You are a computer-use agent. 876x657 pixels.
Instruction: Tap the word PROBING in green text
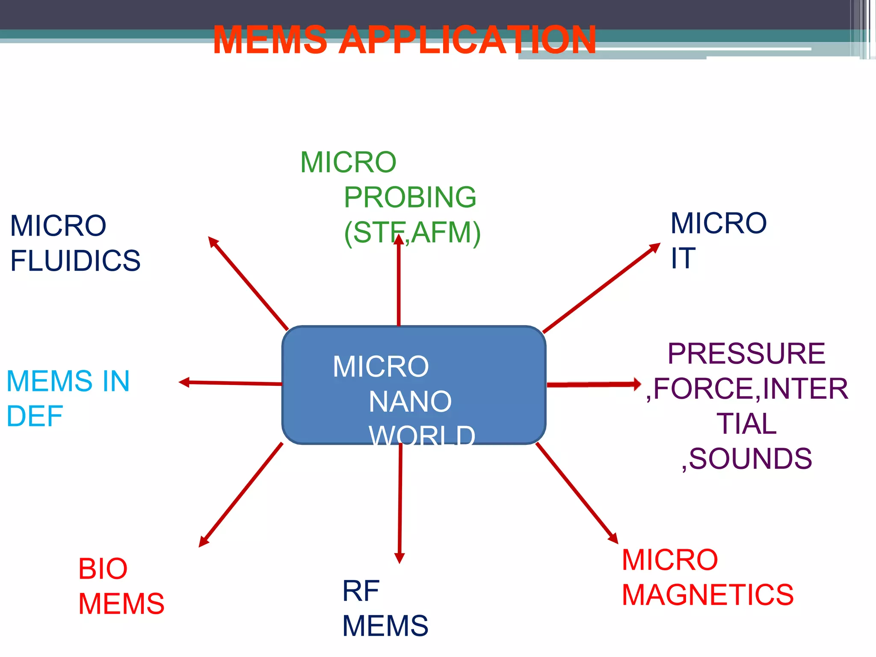click(x=410, y=197)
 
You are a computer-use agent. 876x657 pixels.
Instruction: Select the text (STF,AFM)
click(x=412, y=232)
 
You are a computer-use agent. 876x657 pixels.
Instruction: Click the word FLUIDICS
click(x=75, y=260)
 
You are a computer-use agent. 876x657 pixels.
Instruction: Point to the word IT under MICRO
click(x=683, y=258)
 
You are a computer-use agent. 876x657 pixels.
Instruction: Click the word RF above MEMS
click(x=361, y=591)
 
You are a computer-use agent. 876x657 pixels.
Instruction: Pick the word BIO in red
click(x=103, y=569)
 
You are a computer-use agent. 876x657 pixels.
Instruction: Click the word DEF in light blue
click(x=35, y=416)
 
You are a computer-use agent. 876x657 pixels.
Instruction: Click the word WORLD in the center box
click(x=422, y=435)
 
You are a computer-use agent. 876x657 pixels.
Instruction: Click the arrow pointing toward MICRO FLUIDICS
click(x=248, y=283)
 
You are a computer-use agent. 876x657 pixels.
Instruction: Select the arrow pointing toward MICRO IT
click(x=601, y=288)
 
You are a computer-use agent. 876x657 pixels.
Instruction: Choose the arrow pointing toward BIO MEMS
click(x=241, y=495)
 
